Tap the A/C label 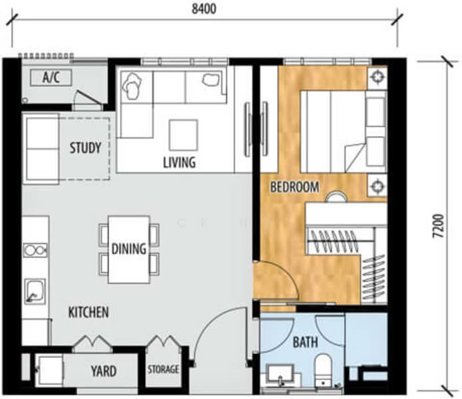51,78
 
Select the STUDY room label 85,148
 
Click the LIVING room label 179,162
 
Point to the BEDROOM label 294,187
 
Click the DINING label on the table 128,249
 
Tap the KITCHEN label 88,311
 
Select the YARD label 103,371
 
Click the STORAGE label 162,369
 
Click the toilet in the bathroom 323,370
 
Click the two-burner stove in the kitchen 35,250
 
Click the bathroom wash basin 280,375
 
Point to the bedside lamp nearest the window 377,78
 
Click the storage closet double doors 162,345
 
